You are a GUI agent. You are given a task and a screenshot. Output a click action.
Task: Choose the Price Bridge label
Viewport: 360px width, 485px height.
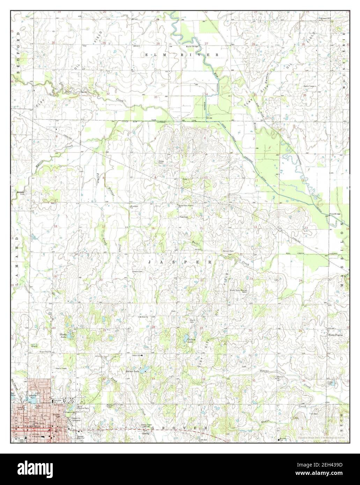[335, 214]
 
